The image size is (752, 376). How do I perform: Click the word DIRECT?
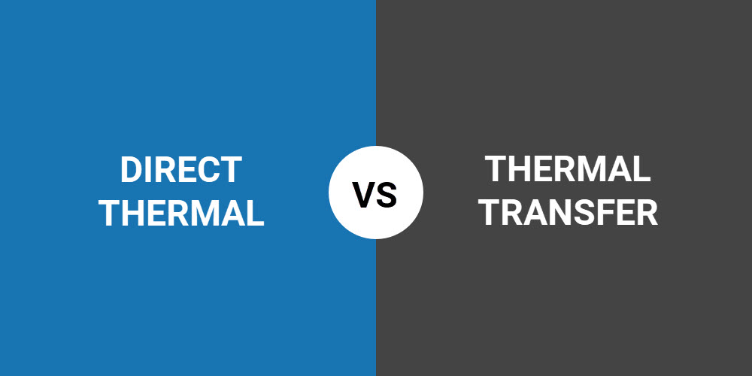pyautogui.click(x=181, y=170)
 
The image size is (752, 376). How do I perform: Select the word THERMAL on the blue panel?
pyautogui.click(x=181, y=213)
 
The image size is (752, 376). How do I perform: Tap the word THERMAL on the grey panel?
pyautogui.click(x=568, y=168)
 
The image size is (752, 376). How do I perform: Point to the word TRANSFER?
pyautogui.click(x=570, y=213)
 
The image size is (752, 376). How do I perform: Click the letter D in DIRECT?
pyautogui.click(x=130, y=170)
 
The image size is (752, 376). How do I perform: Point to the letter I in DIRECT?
pyautogui.click(x=148, y=170)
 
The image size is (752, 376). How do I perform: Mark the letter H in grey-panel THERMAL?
pyautogui.click(x=518, y=168)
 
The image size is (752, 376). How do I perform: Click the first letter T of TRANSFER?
pyautogui.click(x=493, y=213)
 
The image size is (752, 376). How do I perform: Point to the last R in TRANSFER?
pyautogui.click(x=648, y=213)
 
